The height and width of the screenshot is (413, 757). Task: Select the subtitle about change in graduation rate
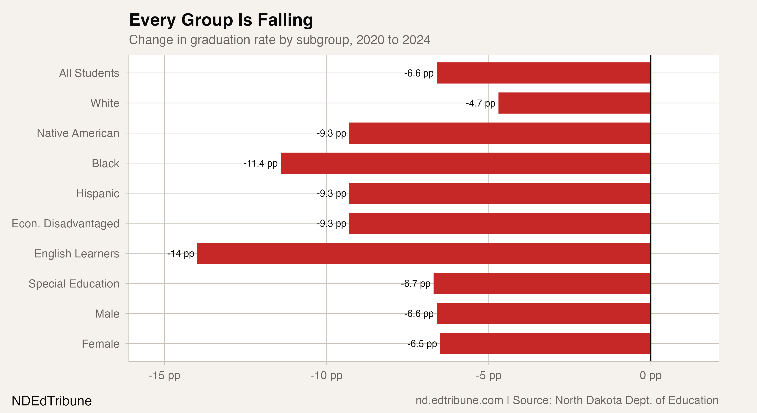point(279,40)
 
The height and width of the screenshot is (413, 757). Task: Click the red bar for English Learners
point(423,253)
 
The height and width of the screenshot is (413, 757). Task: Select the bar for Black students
point(466,163)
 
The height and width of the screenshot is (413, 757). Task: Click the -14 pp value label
point(181,253)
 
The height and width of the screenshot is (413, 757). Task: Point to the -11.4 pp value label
point(260,163)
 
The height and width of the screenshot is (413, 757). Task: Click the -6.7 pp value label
point(415,284)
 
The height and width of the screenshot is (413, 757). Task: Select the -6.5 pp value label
point(422,344)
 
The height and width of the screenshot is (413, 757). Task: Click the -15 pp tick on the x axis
point(164,375)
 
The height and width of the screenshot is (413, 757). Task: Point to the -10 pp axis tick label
point(326,375)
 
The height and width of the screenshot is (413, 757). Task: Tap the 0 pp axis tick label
point(650,375)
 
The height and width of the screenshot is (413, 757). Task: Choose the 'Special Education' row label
point(74,284)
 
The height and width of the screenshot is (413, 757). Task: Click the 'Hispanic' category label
point(97,193)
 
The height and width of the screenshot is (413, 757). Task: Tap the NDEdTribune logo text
point(51,401)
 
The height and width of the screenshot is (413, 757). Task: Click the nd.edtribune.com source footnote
point(567,400)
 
